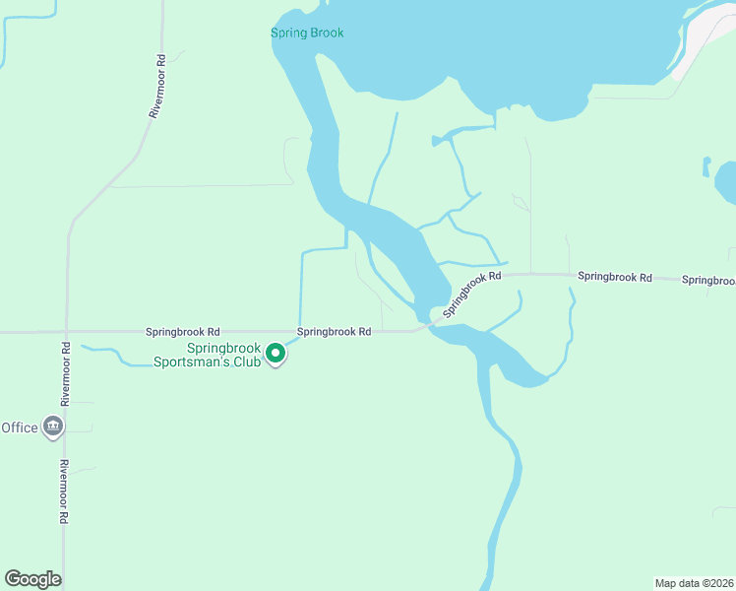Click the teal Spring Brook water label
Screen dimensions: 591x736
307,33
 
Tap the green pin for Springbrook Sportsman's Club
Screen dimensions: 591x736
276,353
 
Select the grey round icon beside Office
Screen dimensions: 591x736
54,427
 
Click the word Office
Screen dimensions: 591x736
20,427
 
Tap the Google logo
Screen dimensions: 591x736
32,579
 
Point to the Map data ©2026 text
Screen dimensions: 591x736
694,583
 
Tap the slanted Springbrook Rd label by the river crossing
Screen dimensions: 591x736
471,294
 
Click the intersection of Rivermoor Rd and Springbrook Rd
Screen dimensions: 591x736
66,332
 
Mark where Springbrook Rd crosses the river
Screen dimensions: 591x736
427,323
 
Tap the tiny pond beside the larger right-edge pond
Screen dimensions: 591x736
705,164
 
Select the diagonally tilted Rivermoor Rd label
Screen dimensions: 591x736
156,87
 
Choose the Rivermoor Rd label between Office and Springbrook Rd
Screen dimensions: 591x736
65,374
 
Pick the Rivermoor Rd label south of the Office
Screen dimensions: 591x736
63,491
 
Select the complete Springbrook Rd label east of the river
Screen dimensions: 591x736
615,278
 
